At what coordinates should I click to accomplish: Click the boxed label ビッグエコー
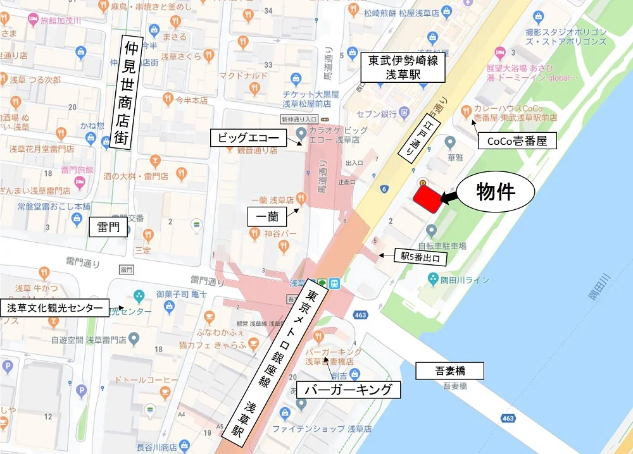click(244, 137)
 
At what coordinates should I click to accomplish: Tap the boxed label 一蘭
click(266, 217)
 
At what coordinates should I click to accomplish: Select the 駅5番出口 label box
click(420, 258)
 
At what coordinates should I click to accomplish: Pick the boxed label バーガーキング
click(349, 389)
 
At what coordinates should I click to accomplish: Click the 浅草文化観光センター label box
click(54, 308)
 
